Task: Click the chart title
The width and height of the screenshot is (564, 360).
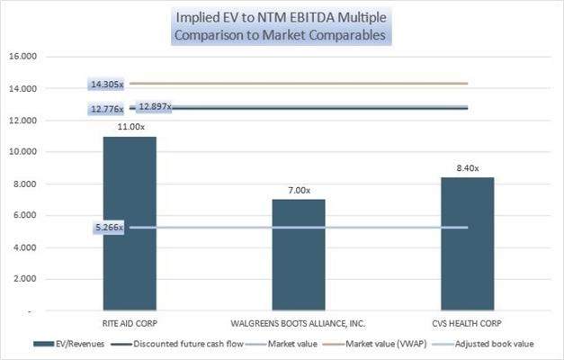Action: [x=281, y=26]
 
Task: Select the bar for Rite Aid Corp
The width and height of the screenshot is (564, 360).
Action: [x=130, y=223]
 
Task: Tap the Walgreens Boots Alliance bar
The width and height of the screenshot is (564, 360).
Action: [x=299, y=255]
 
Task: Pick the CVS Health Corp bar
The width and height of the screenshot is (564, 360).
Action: [x=468, y=244]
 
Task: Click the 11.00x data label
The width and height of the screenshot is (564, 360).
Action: [x=131, y=127]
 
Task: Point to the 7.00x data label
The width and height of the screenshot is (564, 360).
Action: [x=299, y=190]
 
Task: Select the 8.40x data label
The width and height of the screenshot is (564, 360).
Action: [x=468, y=168]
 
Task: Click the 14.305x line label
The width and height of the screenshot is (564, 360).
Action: [x=107, y=85]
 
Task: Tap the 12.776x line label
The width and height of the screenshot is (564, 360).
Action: [x=107, y=109]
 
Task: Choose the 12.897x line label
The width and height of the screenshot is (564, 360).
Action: [x=155, y=106]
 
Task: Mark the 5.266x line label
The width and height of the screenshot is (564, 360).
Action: [x=109, y=228]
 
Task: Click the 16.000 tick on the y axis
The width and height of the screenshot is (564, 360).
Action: [x=23, y=56]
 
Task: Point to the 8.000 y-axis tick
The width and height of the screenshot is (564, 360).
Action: [x=24, y=184]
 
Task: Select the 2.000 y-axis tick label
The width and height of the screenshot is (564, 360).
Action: [x=24, y=279]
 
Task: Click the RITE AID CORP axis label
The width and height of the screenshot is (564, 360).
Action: [x=130, y=323]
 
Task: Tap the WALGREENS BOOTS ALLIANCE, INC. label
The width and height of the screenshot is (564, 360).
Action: [x=298, y=323]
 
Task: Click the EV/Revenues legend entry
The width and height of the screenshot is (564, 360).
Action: [x=68, y=344]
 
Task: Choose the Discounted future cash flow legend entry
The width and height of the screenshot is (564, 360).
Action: [x=177, y=344]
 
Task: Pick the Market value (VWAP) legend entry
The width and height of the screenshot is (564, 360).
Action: [x=374, y=344]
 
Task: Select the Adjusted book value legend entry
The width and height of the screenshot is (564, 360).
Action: [x=483, y=344]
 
